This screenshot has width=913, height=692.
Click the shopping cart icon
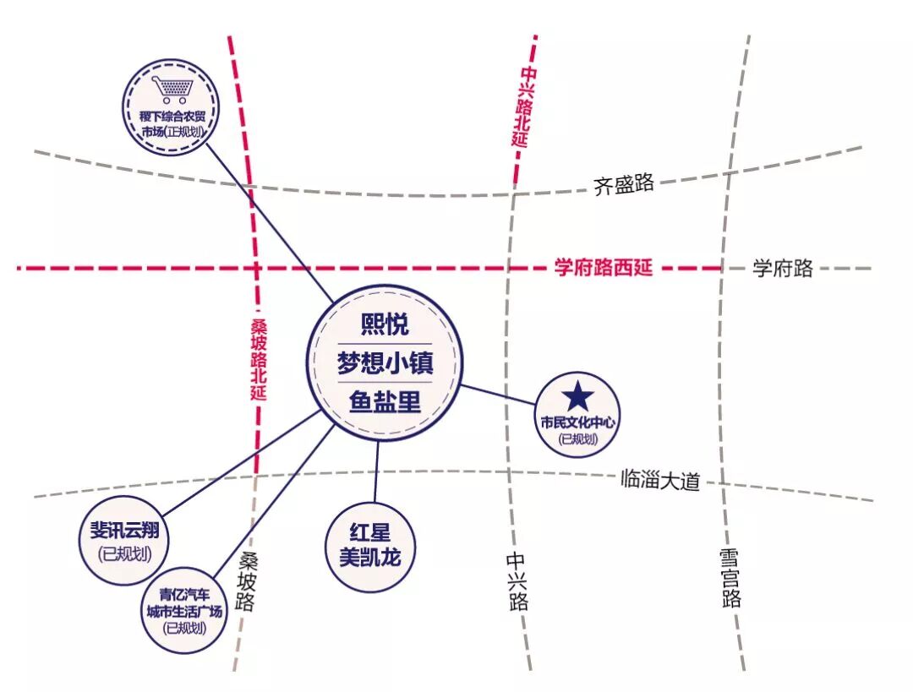coord(171,90)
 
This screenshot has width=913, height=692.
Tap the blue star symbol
coord(579,395)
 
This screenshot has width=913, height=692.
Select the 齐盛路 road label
coord(624,184)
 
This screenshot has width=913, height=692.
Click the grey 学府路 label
coord(783,269)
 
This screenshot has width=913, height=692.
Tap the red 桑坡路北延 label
coord(259,359)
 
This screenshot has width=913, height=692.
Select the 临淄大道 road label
coord(660,481)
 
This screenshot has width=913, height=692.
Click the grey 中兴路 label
coord(517,580)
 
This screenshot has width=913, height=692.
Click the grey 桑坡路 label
coord(246,581)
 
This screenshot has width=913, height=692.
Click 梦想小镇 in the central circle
coord(385,364)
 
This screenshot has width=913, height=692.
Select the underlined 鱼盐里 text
coord(385,402)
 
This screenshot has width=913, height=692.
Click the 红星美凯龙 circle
coord(371,547)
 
